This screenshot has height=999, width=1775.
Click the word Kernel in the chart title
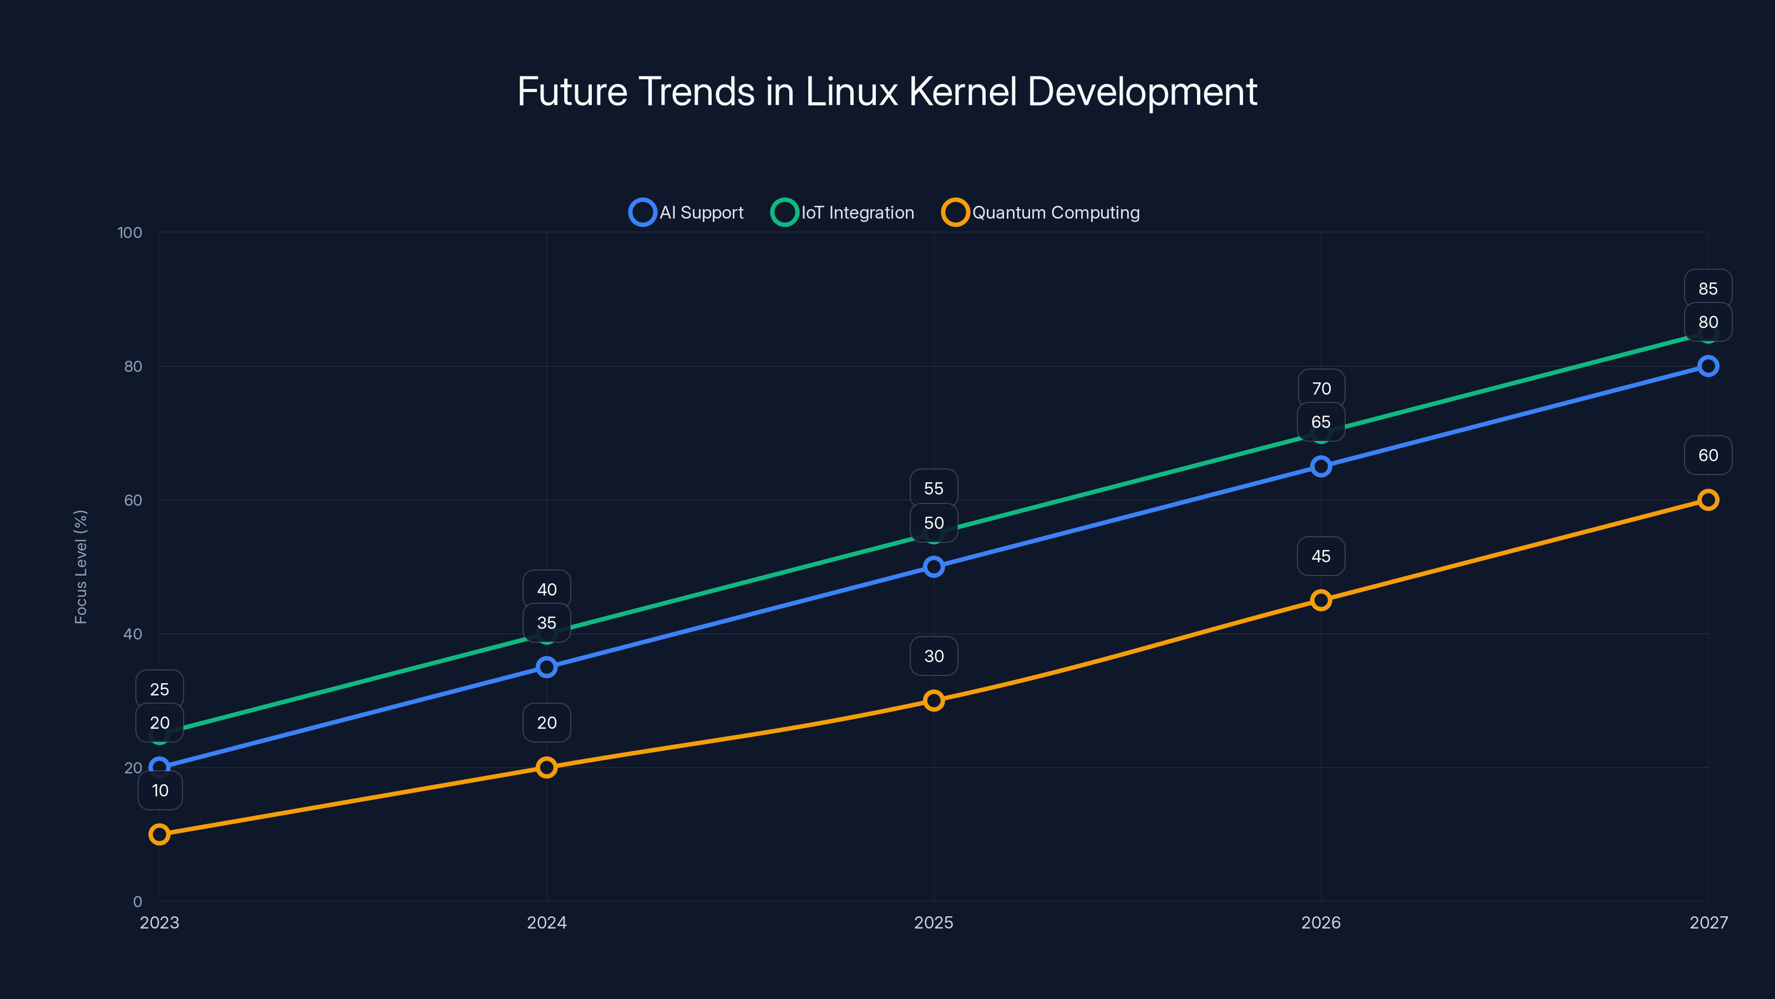(x=962, y=92)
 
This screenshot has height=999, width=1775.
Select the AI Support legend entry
(x=687, y=213)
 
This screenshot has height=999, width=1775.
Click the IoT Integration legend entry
(x=843, y=213)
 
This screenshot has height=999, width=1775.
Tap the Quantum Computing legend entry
(x=1041, y=213)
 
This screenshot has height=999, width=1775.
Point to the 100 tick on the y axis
(x=130, y=233)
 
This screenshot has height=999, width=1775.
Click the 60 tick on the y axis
(x=133, y=500)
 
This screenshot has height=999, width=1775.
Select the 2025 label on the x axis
(x=933, y=922)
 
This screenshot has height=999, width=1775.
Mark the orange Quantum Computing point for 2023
(x=159, y=834)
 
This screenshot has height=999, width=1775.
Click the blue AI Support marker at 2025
(x=934, y=567)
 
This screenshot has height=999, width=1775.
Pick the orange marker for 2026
(x=1320, y=600)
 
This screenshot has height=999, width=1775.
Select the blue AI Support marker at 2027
(x=1707, y=366)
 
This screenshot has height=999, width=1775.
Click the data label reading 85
(x=1707, y=289)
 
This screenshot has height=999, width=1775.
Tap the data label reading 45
(x=1320, y=556)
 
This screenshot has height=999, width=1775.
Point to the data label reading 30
(x=934, y=655)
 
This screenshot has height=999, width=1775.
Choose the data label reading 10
(x=160, y=790)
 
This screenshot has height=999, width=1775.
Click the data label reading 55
(x=934, y=488)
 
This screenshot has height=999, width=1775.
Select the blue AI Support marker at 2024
(x=546, y=667)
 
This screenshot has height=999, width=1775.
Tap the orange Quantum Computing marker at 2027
(x=1707, y=500)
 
